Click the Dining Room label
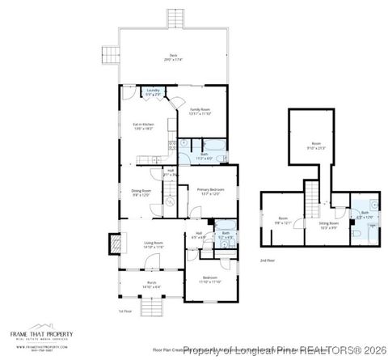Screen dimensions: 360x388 pyautogui.click(x=141, y=193)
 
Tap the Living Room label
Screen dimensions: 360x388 pyautogui.click(x=154, y=244)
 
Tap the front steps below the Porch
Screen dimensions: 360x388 pyautogui.click(x=151, y=307)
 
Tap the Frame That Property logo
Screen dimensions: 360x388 pyautogui.click(x=42, y=337)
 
